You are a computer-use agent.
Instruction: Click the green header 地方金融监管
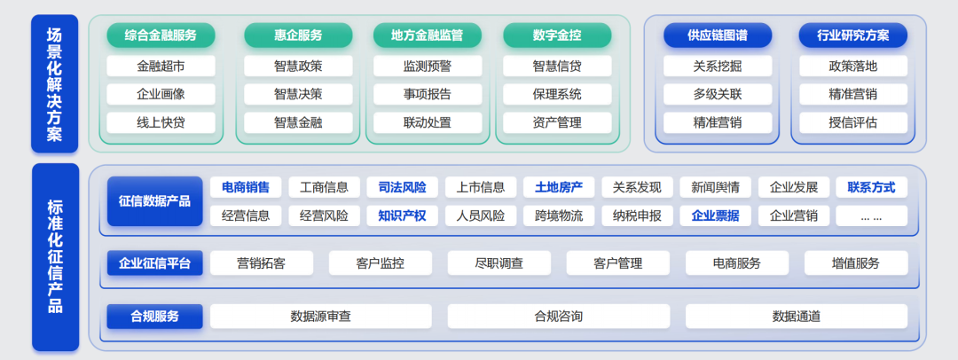pyautogui.click(x=427, y=35)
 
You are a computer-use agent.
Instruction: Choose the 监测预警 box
pyautogui.click(x=427, y=66)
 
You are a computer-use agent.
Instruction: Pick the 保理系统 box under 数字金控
pyautogui.click(x=557, y=94)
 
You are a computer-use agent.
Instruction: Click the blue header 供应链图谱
pyautogui.click(x=718, y=35)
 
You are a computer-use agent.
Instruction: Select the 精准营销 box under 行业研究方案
pyautogui.click(x=852, y=94)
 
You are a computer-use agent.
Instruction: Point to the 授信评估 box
pyautogui.click(x=852, y=122)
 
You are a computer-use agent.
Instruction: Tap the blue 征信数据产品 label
pyautogui.click(x=154, y=201)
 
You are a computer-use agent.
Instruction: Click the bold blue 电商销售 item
pyautogui.click(x=246, y=187)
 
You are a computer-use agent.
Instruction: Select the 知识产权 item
pyautogui.click(x=402, y=215)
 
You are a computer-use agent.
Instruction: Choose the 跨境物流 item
pyautogui.click(x=559, y=215)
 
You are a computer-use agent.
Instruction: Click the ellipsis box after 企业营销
pyautogui.click(x=871, y=215)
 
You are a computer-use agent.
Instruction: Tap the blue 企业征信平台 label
pyautogui.click(x=154, y=262)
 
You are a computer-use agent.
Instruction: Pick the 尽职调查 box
pyautogui.click(x=499, y=262)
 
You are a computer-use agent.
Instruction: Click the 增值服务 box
pyautogui.click(x=856, y=262)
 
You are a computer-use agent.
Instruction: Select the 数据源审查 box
pyautogui.click(x=320, y=316)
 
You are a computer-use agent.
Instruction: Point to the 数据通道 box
pyautogui.click(x=796, y=316)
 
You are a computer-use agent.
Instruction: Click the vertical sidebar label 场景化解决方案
pyautogui.click(x=55, y=84)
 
